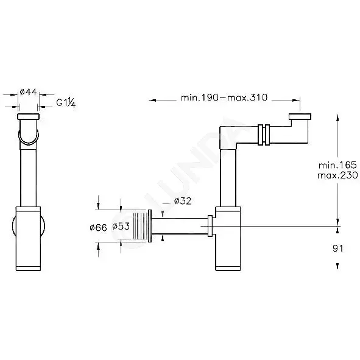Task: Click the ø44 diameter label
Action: pyautogui.click(x=28, y=92)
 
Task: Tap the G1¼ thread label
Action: pyautogui.click(x=66, y=102)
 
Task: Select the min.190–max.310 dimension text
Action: pyautogui.click(x=224, y=97)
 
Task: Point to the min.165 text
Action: pyautogui.click(x=337, y=165)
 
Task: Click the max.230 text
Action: pyautogui.click(x=337, y=175)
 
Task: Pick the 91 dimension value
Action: pyautogui.click(x=337, y=249)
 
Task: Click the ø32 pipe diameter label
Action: pyautogui.click(x=183, y=201)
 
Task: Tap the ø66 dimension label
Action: pyautogui.click(x=98, y=228)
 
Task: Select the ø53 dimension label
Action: pyautogui.click(x=121, y=226)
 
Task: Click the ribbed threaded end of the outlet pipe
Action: pyautogui.click(x=140, y=227)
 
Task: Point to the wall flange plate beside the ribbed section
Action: pyautogui.click(x=150, y=226)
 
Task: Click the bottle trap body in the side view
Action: pyautogui.click(x=228, y=239)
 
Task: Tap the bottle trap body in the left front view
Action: pyautogui.click(x=28, y=239)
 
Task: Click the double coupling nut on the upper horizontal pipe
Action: pyautogui.click(x=264, y=135)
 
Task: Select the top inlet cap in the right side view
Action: pyautogui.click(x=300, y=116)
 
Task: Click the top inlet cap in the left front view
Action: pyautogui.click(x=28, y=116)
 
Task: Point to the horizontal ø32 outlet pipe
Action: pyautogui.click(x=180, y=226)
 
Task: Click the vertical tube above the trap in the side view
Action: pyautogui.click(x=228, y=178)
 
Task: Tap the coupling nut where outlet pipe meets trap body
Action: pyautogui.click(x=210, y=226)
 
